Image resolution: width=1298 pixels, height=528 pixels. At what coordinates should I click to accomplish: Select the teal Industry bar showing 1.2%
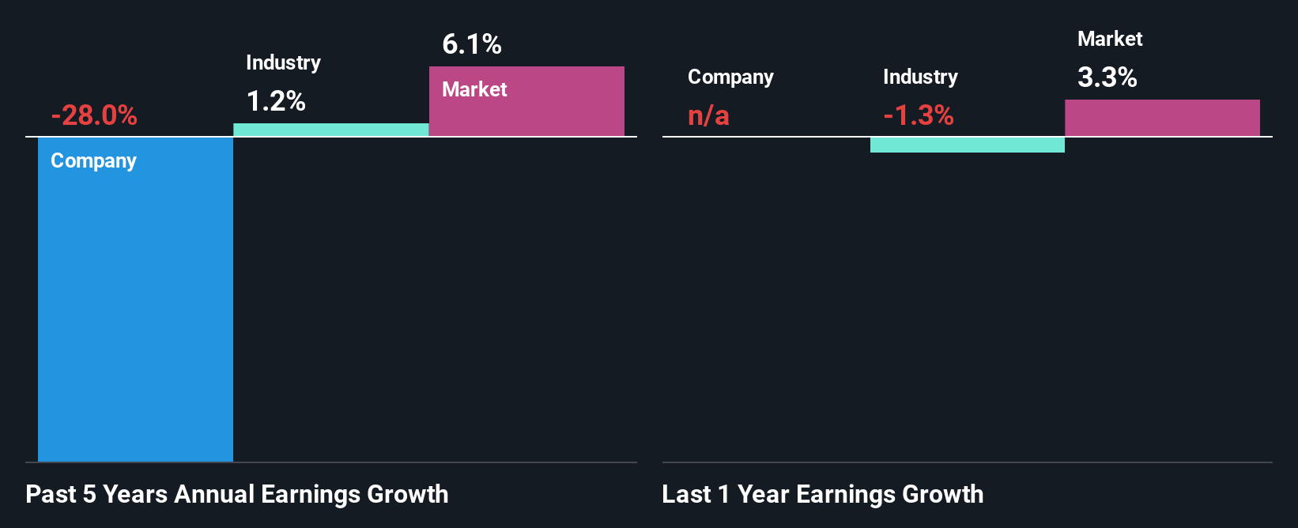click(x=330, y=130)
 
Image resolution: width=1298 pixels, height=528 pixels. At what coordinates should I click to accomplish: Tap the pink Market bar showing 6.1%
click(x=526, y=111)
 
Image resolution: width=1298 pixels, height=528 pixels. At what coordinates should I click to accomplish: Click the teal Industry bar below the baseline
click(x=967, y=145)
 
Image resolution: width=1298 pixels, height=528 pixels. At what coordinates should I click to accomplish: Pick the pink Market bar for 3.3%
click(x=1162, y=118)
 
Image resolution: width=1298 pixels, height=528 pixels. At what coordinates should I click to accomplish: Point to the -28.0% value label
click(x=94, y=115)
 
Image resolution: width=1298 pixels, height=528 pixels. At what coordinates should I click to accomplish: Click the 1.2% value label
click(x=276, y=101)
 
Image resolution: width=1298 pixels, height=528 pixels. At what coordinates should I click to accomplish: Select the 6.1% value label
click(x=472, y=44)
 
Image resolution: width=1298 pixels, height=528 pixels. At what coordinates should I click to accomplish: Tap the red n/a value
click(x=708, y=115)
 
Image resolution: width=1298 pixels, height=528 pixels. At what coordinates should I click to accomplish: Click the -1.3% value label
click(x=919, y=115)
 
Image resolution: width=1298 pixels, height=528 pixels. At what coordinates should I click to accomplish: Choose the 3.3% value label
click(x=1107, y=77)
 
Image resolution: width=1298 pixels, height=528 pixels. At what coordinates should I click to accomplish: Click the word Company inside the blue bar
click(x=93, y=160)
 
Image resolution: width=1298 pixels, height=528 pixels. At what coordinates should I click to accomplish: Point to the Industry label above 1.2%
click(x=283, y=62)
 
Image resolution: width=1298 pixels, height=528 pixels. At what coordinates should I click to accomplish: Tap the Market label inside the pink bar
click(x=474, y=89)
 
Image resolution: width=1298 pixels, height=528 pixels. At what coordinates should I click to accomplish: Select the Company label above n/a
click(x=730, y=77)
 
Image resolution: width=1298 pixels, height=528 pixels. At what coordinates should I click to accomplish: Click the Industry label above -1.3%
click(x=920, y=77)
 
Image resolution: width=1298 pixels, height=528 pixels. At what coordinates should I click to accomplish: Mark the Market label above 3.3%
click(x=1110, y=39)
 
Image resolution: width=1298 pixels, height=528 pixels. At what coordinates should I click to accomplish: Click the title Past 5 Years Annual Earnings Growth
click(x=236, y=494)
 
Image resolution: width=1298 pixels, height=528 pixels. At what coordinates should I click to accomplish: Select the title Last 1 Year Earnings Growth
click(x=822, y=494)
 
